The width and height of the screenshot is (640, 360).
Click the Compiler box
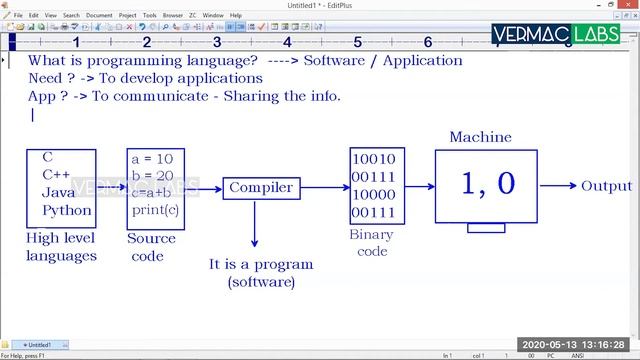click(261, 187)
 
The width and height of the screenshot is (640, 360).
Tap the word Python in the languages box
click(67, 211)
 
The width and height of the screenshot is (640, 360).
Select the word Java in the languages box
click(58, 192)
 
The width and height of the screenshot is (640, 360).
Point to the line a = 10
click(152, 158)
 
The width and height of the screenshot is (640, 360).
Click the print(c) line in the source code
click(156, 211)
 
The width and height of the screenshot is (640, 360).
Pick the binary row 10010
click(373, 158)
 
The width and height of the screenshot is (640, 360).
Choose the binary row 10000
click(373, 194)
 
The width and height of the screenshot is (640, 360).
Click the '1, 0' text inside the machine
click(488, 183)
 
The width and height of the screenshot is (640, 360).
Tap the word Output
click(607, 186)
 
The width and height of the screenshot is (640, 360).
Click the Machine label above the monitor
click(480, 137)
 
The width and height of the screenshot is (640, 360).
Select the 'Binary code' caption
click(371, 243)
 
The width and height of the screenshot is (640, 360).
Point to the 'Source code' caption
click(151, 247)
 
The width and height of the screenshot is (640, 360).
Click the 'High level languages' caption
click(62, 247)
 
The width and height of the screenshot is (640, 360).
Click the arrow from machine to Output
click(556, 186)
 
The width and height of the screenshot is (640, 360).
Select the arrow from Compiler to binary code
click(323, 187)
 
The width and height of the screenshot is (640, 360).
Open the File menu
click(18, 16)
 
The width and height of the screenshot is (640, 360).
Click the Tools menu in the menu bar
click(149, 16)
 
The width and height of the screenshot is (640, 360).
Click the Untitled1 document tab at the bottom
click(40, 344)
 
